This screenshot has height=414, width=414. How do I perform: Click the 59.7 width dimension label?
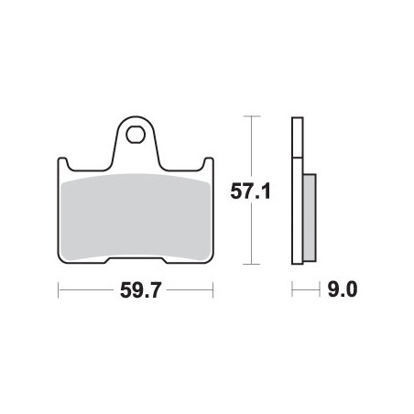click(140, 290)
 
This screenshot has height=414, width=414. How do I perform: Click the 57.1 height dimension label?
click(250, 191)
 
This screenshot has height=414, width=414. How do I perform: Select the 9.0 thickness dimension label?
click(343, 289)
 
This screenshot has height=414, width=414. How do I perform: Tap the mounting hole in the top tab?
click(136, 134)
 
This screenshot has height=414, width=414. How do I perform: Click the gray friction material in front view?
click(136, 217)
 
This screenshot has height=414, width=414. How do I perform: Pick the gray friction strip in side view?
click(310, 217)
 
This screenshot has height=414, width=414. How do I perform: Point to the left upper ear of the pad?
click(62, 162)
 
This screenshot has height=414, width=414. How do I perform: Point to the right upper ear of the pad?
click(209, 162)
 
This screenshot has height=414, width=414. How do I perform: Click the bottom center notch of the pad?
click(136, 259)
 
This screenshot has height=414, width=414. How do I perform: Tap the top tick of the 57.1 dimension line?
click(251, 116)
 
